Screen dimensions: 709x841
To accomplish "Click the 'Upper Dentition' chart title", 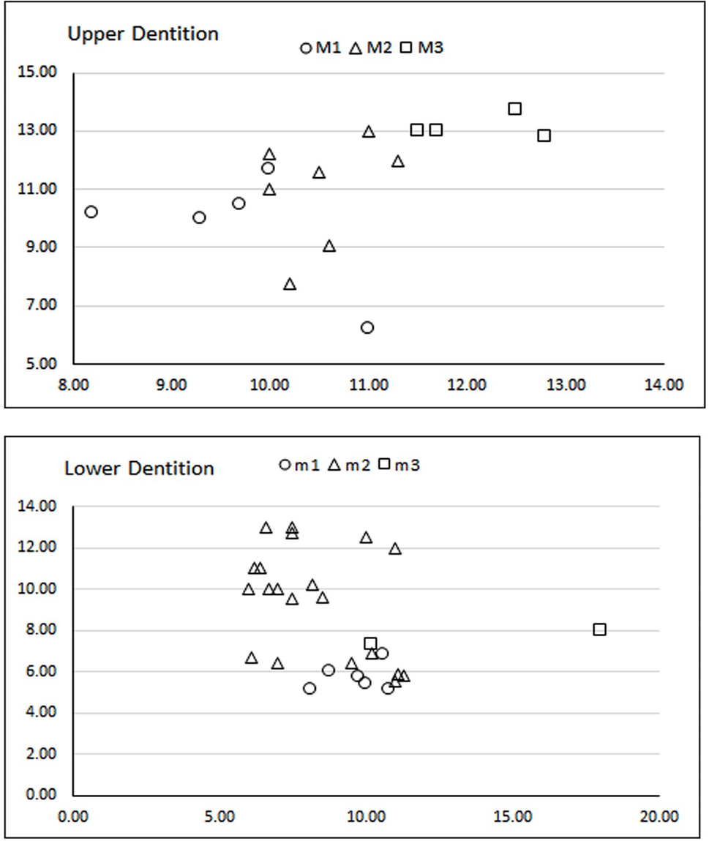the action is point(143,34).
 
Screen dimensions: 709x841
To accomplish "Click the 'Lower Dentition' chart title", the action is point(140,468).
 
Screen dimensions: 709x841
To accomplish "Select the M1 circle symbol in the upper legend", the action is point(306,48).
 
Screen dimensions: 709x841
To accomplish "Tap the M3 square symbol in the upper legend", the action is point(407,47).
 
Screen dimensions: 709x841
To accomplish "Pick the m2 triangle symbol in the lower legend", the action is point(334,465).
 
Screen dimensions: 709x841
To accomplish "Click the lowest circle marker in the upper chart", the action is point(367,328).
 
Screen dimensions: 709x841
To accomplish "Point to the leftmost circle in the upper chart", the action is point(91,212).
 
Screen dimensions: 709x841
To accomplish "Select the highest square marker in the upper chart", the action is point(515,109).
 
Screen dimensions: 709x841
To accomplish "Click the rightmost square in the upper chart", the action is point(544,135).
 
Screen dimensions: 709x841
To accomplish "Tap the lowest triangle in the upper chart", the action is point(290,284).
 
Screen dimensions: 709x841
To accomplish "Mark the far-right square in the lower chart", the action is point(599,629).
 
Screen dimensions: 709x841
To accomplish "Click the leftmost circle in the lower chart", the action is point(310,688).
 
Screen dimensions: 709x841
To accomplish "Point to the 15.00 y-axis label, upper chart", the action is point(37,72).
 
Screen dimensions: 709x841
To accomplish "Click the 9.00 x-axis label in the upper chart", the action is point(172,384).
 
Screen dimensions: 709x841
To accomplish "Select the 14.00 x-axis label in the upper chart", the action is point(664,384).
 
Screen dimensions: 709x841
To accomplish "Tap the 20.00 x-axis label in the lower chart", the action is point(659,817).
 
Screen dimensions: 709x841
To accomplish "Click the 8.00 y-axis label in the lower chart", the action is point(41,629).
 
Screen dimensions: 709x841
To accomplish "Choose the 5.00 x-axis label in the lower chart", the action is point(220,817).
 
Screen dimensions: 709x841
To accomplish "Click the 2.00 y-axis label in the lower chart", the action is point(41,754).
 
